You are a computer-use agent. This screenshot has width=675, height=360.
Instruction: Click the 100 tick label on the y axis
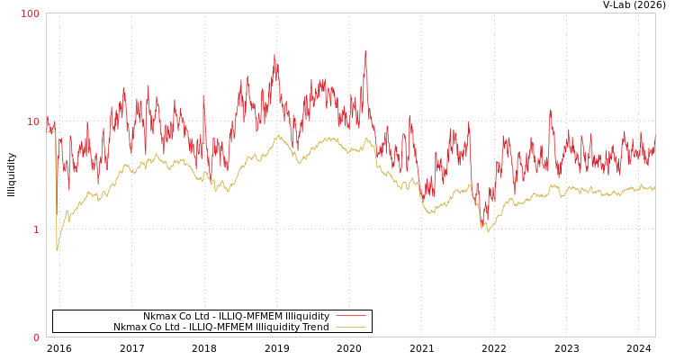coord(31,13)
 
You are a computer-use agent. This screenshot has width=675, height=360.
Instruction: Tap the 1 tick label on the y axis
coord(36,229)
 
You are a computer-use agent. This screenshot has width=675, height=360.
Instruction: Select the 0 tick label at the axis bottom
coord(36,337)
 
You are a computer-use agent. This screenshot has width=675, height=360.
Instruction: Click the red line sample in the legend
coord(350,317)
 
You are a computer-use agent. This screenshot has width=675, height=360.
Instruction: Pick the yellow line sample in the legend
coord(350,328)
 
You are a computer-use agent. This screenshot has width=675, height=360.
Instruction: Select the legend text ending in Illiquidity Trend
coord(221,328)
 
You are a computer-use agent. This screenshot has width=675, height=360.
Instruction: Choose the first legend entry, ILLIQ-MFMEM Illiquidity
coord(236,317)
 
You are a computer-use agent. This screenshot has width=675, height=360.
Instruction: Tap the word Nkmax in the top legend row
coord(158,317)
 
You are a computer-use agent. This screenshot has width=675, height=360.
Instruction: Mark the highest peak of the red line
coord(365,50)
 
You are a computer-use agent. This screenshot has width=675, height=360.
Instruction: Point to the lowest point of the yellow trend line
coord(57,250)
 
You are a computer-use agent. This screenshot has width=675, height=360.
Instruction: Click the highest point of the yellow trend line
coord(279,136)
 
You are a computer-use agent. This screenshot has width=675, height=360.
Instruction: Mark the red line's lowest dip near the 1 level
coord(483,225)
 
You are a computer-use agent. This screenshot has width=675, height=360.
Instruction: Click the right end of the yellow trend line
coord(654,188)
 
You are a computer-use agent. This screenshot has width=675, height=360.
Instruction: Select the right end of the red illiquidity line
coord(654,137)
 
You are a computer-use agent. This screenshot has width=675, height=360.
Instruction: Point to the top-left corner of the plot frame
coord(47,13)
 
